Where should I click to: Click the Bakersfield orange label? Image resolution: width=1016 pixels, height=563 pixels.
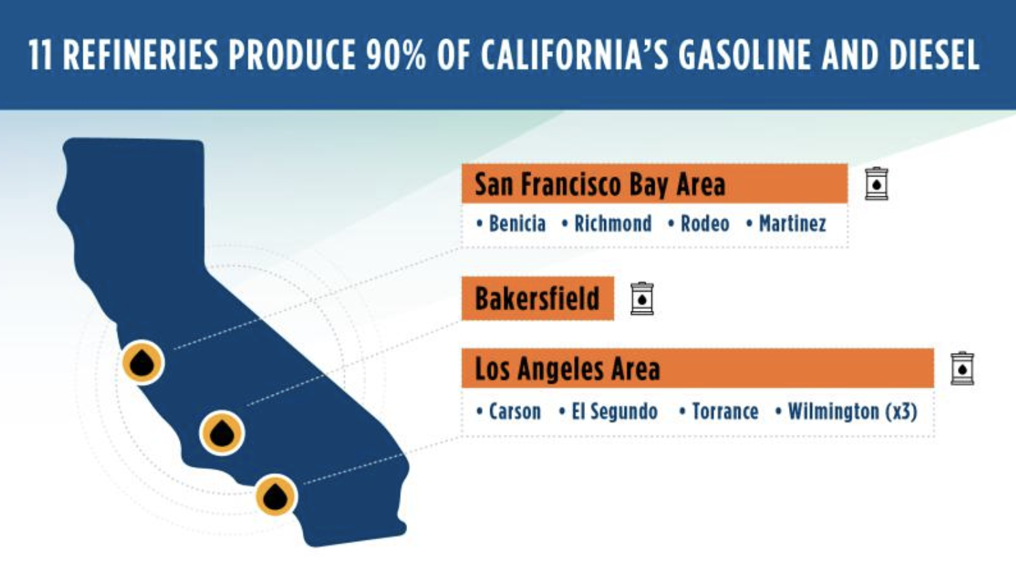point(537,299)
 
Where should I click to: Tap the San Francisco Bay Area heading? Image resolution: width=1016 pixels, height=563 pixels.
point(599,184)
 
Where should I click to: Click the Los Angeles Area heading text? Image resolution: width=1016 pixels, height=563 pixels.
point(567,369)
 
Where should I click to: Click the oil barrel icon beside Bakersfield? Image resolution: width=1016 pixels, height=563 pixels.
point(642,299)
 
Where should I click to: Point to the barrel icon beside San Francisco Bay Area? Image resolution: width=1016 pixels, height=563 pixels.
point(876,183)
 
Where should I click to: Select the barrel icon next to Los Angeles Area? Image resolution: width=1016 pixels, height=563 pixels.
point(963,368)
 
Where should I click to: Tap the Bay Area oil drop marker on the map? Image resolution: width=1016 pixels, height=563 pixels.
point(142,363)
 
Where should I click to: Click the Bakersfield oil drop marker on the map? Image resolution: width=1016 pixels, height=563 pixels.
point(222,433)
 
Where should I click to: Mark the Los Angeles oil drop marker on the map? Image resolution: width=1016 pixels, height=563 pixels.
point(275,496)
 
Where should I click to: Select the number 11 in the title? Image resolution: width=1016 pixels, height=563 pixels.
point(40,55)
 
